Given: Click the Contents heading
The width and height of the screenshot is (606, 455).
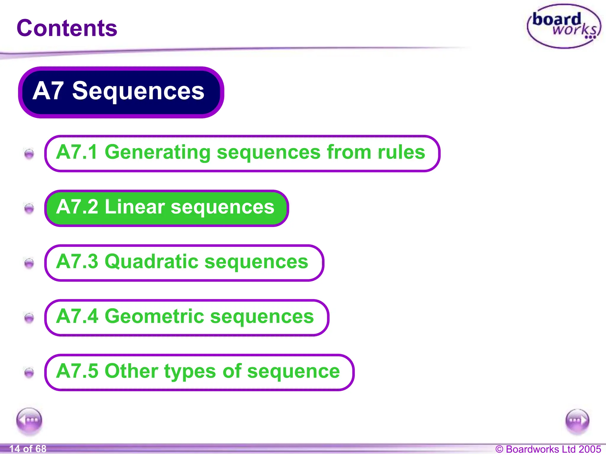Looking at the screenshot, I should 67,28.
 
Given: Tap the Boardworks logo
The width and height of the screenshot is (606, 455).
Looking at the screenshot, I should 564,26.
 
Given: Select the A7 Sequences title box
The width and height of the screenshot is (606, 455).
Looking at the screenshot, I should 121,92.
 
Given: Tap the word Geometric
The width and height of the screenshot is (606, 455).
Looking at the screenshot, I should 154,317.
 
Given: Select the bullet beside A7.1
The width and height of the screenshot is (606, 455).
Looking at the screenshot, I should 29,153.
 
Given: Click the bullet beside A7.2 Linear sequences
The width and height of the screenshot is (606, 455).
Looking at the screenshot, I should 29,208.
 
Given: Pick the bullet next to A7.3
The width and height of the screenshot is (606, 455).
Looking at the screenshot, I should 29,263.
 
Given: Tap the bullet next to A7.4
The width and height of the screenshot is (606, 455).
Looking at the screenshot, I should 29,318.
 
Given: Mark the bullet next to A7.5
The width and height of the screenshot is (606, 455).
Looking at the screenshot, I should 29,372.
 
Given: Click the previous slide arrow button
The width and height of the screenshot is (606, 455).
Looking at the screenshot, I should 29,420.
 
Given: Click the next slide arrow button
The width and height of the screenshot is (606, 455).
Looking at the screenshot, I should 577,420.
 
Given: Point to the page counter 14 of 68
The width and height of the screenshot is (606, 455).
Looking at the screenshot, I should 28,449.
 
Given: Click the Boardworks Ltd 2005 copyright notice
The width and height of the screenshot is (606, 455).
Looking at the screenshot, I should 548,449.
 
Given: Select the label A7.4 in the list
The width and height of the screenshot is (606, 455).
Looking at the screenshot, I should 77,317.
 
